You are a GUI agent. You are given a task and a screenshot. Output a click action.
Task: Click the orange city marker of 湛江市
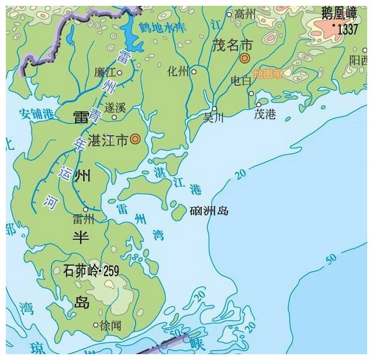135,139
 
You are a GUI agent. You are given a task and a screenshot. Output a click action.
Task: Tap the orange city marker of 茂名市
245,57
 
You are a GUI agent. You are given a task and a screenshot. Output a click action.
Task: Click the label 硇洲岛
209,210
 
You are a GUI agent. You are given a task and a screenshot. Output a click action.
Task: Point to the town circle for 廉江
120,73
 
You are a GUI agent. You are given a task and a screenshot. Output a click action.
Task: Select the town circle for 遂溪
115,116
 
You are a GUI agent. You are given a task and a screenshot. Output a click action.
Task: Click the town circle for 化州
194,72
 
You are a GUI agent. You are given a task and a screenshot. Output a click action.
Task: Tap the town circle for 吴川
215,109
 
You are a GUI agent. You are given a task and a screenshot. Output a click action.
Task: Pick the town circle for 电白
251,93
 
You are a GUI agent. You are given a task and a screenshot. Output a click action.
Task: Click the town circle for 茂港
258,105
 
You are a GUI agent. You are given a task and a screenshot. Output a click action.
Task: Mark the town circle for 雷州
85,209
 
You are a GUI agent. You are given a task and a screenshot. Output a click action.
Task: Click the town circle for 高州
229,15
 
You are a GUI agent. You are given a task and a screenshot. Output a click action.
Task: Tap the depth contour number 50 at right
331,256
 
